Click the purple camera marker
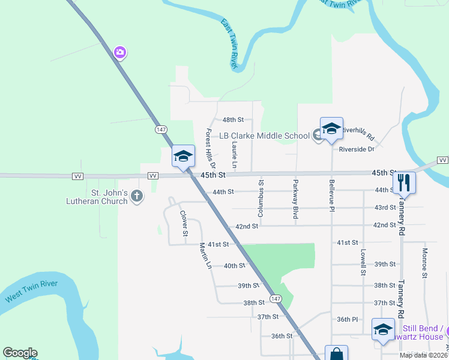pyautogui.click(x=120, y=53)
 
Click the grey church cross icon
pyautogui.click(x=137, y=196)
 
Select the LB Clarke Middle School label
pyautogui.click(x=264, y=136)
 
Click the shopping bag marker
pyautogui.click(x=336, y=354)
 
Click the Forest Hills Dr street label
pyautogui.click(x=210, y=148)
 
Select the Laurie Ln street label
pyautogui.click(x=235, y=155)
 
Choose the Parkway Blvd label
pyautogui.click(x=295, y=199)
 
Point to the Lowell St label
pyautogui.click(x=363, y=263)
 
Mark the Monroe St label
pyautogui.click(x=424, y=263)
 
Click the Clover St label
pyautogui.click(x=184, y=223)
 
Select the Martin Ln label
pyautogui.click(x=206, y=255)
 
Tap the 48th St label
pyautogui.click(x=233, y=120)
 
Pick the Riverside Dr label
pyautogui.click(x=357, y=149)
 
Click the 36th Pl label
pyautogui.click(x=347, y=319)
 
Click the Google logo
pyautogui.click(x=20, y=353)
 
